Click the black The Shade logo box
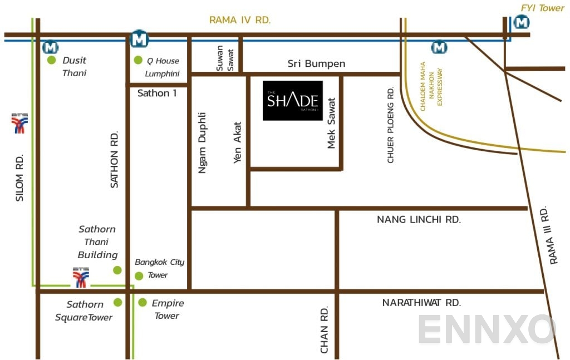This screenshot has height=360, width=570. pyautogui.click(x=293, y=100)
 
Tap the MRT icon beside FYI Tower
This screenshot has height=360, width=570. pyautogui.click(x=522, y=22)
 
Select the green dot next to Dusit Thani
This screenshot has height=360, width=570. pyautogui.click(x=52, y=60)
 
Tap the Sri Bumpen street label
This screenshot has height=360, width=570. pyautogui.click(x=316, y=63)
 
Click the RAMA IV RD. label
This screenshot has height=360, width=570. pyautogui.click(x=240, y=20)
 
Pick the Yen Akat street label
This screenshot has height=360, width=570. pyautogui.click(x=238, y=140)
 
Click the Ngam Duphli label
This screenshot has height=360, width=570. pyautogui.click(x=203, y=143)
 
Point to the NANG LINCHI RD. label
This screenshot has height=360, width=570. pyautogui.click(x=419, y=220)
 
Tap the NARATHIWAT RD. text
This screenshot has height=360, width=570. pyautogui.click(x=421, y=303)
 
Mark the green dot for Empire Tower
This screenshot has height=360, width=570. pyautogui.click(x=142, y=303)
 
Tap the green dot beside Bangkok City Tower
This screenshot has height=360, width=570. pyautogui.click(x=139, y=275)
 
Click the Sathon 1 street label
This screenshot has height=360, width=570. pyautogui.click(x=157, y=93)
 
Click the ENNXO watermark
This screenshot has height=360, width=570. pyautogui.click(x=487, y=329)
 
